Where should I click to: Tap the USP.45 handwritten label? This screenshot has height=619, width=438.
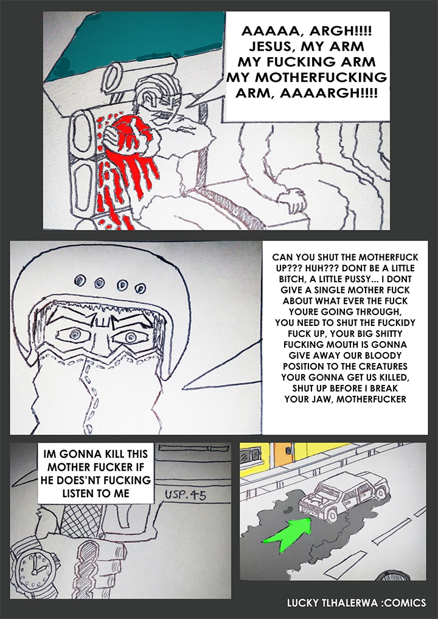[x=185, y=494]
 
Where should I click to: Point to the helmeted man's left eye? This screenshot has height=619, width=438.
[x=131, y=336]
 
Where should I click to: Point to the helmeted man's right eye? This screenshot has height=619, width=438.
[x=75, y=334]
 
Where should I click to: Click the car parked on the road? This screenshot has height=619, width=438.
[x=342, y=496]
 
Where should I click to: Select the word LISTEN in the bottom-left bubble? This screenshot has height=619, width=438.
[x=78, y=493]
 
